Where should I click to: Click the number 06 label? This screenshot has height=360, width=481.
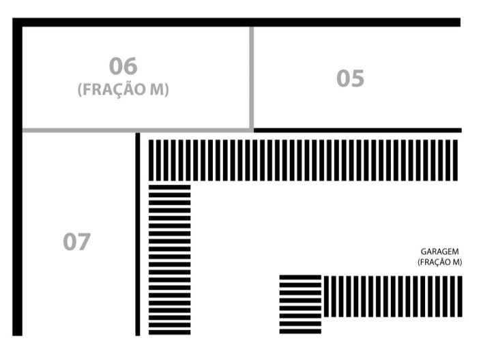point(123,66)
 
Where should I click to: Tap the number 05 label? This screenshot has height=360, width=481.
point(350,78)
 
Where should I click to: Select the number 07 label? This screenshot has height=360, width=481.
point(76,241)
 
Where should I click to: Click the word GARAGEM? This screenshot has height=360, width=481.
point(439,252)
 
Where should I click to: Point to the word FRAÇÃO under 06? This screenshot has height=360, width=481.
point(113,89)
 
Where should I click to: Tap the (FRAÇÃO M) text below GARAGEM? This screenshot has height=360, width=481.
point(439,262)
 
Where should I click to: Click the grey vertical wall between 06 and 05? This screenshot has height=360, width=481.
point(252,78)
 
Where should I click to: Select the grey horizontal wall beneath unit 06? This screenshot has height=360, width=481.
point(137,130)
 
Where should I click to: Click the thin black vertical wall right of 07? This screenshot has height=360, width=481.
point(138,235)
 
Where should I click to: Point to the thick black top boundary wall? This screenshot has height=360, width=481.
point(236,22)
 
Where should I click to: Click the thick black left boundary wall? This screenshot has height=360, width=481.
point(17,177)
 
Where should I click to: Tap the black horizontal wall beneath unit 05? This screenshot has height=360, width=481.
point(358,130)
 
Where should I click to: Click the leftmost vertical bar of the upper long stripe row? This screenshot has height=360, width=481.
point(151,160)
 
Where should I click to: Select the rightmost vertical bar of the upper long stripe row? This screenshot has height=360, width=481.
point(455,160)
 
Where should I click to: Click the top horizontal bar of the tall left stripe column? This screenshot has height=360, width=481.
point(170,187)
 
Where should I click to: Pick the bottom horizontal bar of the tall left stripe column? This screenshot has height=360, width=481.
point(170,333)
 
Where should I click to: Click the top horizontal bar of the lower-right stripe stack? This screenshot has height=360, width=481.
point(300,277)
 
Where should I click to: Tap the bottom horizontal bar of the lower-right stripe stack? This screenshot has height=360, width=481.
point(300,331)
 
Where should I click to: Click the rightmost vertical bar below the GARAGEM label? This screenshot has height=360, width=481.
point(460,297)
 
